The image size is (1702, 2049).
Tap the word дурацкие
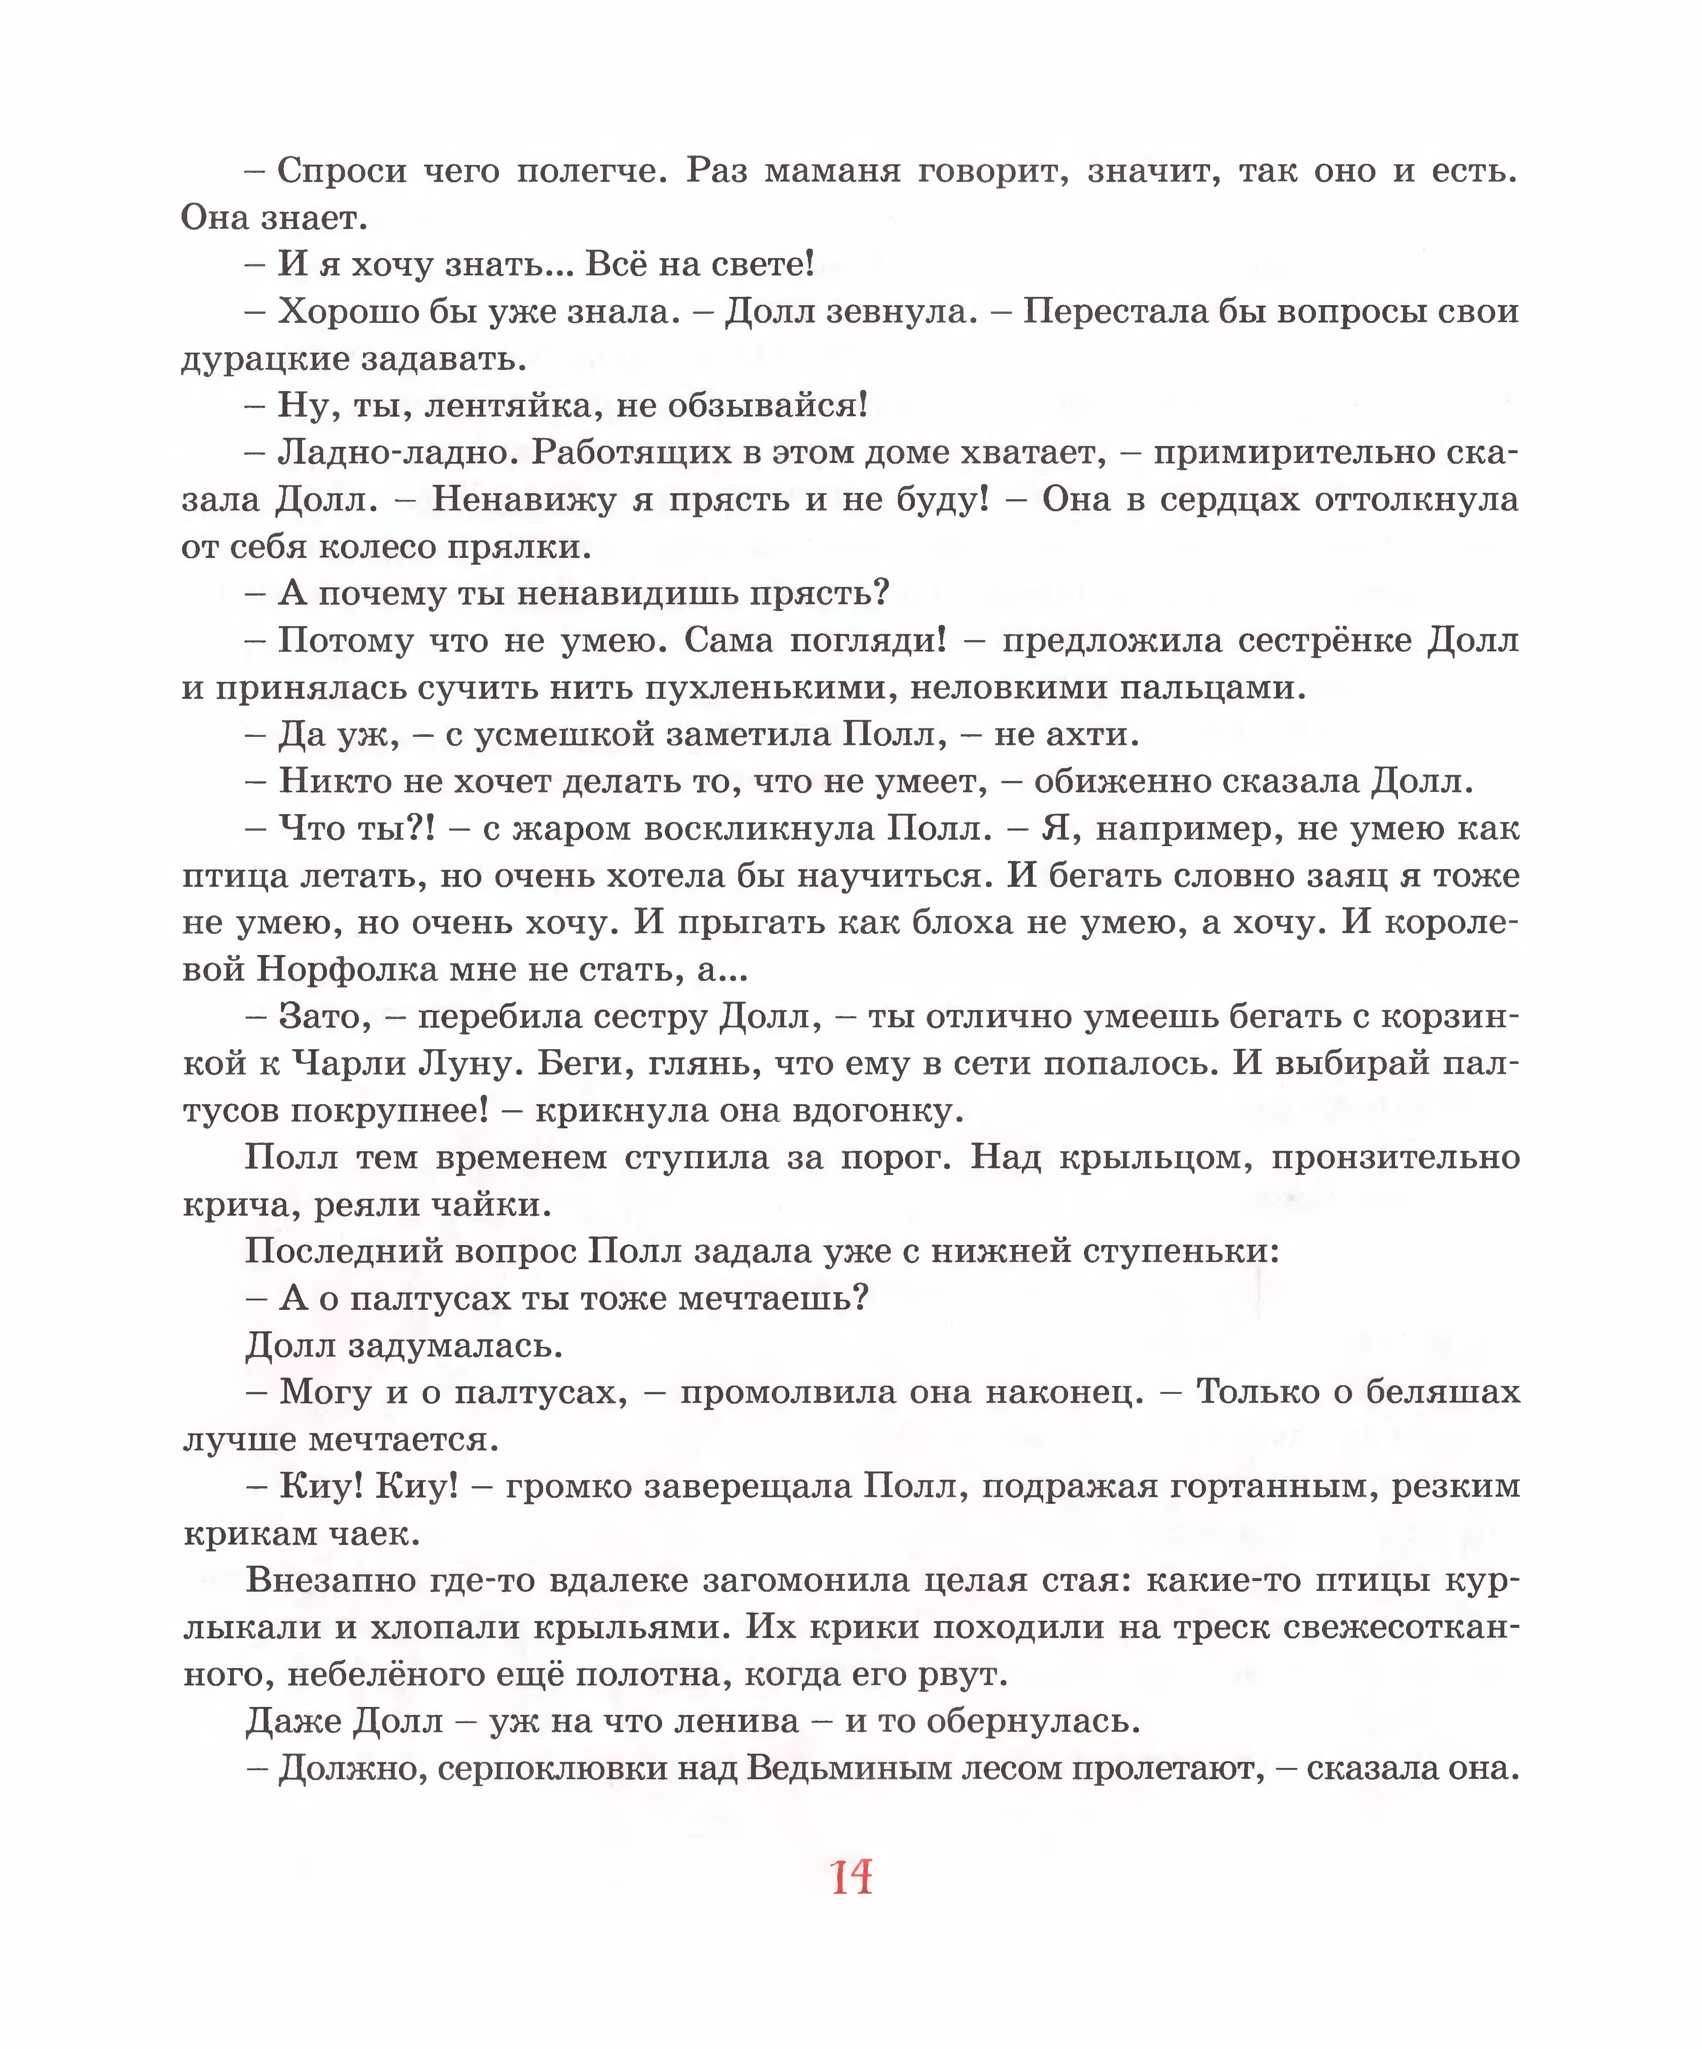click(263, 360)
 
